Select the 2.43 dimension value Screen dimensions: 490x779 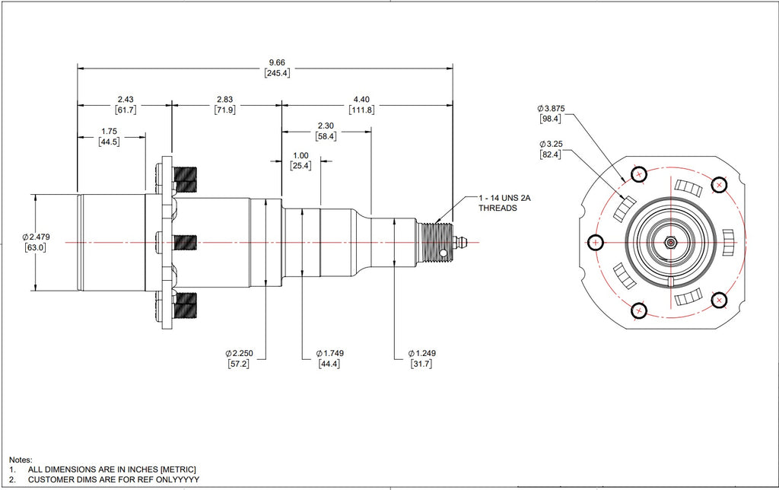(x=126, y=99)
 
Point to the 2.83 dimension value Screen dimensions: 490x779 (x=225, y=99)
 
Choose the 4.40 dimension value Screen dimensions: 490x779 (x=361, y=99)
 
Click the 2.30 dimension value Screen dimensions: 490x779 (x=326, y=126)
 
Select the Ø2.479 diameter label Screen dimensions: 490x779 (x=37, y=237)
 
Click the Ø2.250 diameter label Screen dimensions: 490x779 (x=240, y=353)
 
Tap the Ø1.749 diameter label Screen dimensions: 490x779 (x=329, y=353)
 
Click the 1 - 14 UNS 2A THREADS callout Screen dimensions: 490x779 (x=503, y=202)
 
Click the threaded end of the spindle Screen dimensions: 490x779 (x=435, y=242)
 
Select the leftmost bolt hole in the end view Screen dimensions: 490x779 (x=596, y=243)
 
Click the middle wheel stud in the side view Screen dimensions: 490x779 (x=186, y=243)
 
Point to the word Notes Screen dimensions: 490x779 (x=20, y=460)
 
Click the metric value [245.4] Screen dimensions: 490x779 (x=276, y=73)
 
